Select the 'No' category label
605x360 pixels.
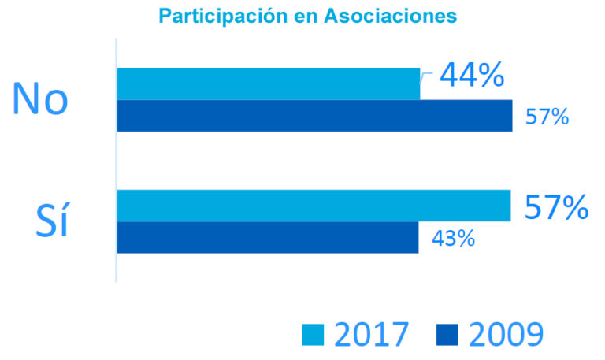[x=40, y=99]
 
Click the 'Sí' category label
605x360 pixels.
[x=52, y=221]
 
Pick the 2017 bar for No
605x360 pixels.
[x=268, y=84]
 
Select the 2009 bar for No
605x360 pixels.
[x=314, y=116]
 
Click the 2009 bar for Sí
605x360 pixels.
[x=267, y=237]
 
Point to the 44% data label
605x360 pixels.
[x=471, y=75]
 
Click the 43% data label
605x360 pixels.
[x=453, y=238]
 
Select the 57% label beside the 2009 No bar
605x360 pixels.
[x=547, y=117]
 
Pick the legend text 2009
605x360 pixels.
[x=505, y=335]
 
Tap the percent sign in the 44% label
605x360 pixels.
[x=490, y=76]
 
